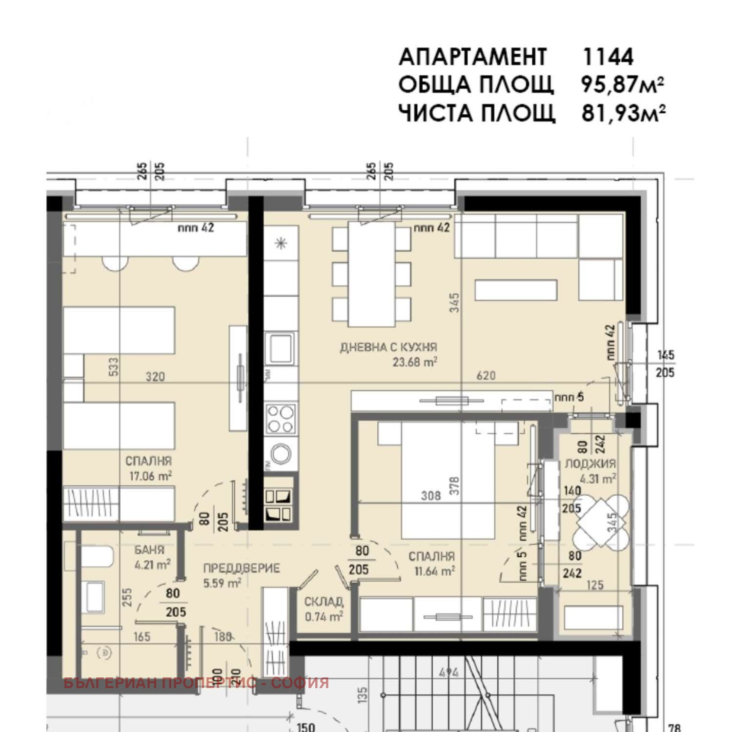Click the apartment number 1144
coord(608,57)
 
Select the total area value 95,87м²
coord(622,85)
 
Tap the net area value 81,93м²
coord(623,113)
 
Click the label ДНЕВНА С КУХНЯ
coord(388,347)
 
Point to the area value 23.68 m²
coord(414,362)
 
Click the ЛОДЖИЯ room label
coord(590,464)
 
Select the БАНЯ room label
coord(149,550)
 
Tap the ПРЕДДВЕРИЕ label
coord(241,568)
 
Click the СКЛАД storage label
coord(324,602)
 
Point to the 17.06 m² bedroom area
coord(150,476)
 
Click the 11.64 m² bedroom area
coord(434,571)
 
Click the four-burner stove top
coord(280,419)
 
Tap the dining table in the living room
coord(371,273)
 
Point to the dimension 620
coord(486,375)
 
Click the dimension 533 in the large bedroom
coord(113,367)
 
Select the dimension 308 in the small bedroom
coord(431,496)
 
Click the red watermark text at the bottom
coord(196,683)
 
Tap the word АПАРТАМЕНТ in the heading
coord(472,57)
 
